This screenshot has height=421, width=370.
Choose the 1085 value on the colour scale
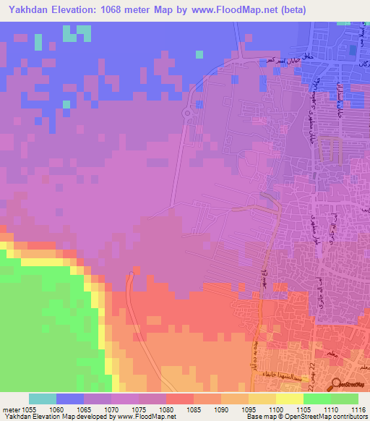[194, 409]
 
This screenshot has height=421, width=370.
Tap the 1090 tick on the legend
[222, 409]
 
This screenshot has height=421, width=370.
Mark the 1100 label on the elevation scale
[277, 409]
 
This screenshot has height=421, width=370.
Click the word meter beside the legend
[9, 409]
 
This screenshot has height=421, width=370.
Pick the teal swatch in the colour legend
[43, 399]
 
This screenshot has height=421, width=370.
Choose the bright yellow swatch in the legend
[290, 399]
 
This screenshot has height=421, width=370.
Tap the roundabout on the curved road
[186, 114]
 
